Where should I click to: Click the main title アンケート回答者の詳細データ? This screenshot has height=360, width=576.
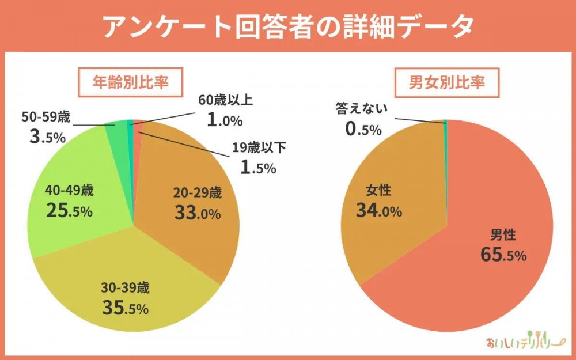(288, 26)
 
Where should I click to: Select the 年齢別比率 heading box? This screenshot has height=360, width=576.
(130, 82)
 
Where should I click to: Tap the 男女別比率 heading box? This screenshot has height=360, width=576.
(446, 82)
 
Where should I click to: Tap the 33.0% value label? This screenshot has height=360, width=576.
(198, 213)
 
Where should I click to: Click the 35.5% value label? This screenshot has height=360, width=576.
(126, 308)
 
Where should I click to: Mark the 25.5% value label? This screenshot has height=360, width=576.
(69, 210)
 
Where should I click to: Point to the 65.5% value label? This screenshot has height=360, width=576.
(503, 254)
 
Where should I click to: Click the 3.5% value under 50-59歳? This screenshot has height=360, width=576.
(47, 137)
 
